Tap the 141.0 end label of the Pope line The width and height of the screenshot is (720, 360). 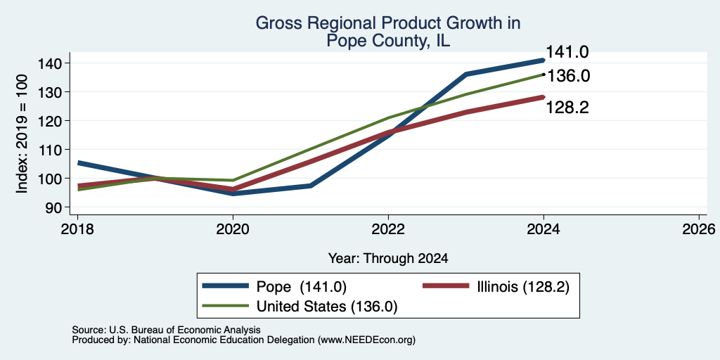tap(567, 52)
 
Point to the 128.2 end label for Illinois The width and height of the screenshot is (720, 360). tap(567, 108)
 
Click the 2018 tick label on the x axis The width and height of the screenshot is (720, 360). tap(77, 229)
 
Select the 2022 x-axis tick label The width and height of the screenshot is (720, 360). tap(388, 229)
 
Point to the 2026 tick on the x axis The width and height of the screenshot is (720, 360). tap(699, 229)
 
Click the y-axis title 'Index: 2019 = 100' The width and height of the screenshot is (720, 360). tap(22, 134)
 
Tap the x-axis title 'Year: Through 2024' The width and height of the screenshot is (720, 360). tap(388, 259)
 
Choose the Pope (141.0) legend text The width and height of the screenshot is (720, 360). tap(301, 287)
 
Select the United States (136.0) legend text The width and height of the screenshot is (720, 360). tap(327, 307)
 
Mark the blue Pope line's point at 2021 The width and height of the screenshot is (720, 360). tap(311, 186)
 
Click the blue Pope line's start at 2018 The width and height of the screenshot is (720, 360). tap(79, 162)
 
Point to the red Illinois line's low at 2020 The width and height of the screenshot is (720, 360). tap(233, 189)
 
